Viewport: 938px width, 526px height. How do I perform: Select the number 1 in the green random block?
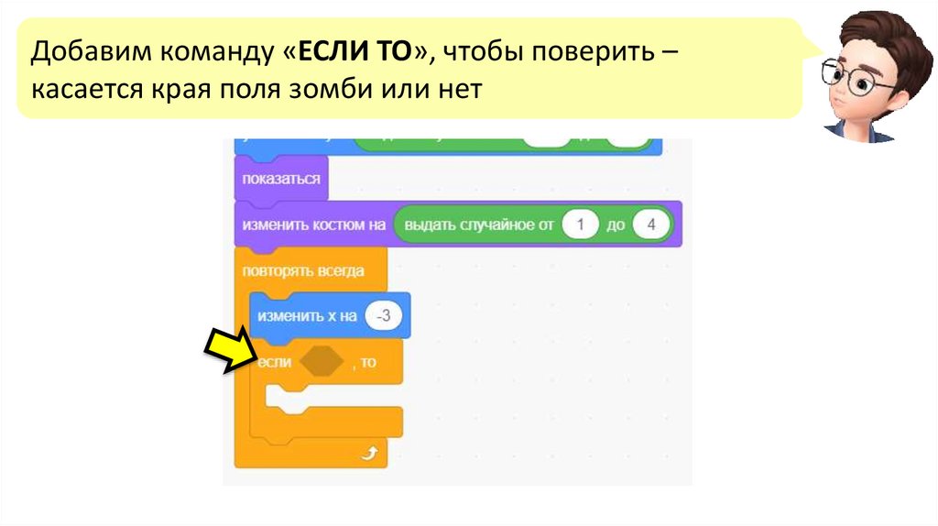click(580, 225)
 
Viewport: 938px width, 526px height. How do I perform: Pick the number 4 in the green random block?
click(650, 225)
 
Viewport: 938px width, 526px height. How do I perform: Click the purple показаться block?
click(280, 178)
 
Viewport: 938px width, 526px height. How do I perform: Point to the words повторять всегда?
click(302, 271)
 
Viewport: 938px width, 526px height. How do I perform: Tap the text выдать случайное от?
click(478, 225)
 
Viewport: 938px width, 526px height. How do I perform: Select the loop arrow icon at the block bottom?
click(369, 454)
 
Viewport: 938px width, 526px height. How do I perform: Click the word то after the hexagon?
click(367, 363)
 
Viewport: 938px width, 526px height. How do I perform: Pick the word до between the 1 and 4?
click(615, 225)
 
